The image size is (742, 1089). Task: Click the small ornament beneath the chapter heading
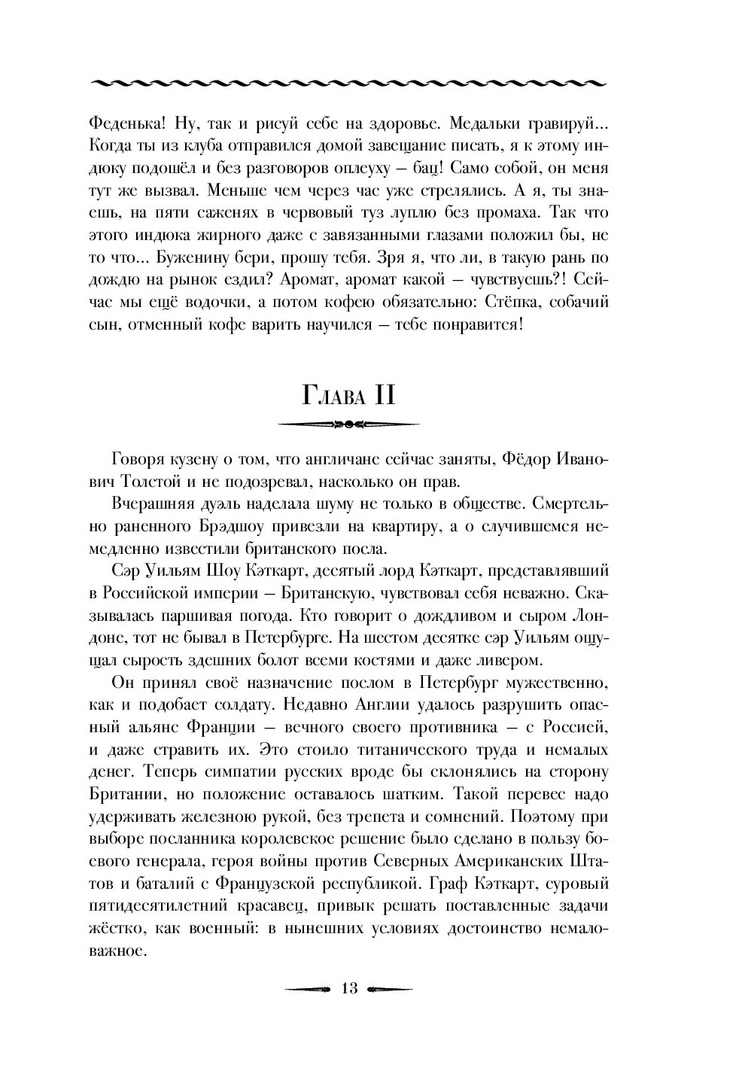coord(348,425)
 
